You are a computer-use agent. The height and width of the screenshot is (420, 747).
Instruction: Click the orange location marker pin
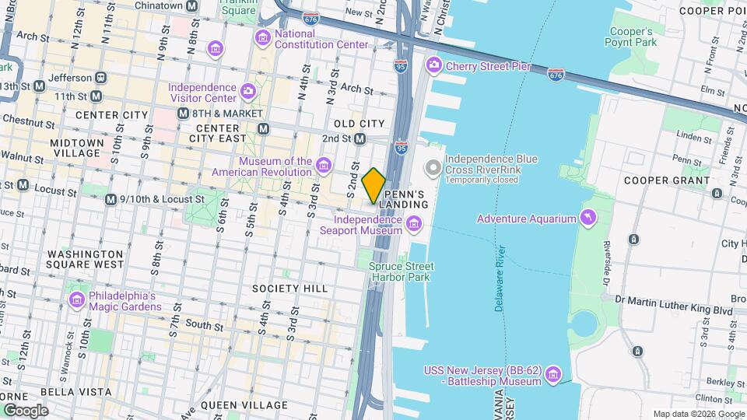(374, 185)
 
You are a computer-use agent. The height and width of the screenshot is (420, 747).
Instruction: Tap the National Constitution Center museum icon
(263, 37)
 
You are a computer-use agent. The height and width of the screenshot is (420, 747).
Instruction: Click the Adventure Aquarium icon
(588, 219)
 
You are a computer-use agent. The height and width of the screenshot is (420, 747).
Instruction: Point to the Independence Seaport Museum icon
(414, 226)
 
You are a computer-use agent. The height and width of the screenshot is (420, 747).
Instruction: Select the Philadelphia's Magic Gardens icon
(76, 300)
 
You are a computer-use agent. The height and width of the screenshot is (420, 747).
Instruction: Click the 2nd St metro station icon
(360, 138)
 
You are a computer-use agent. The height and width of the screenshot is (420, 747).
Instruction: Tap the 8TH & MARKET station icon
(184, 114)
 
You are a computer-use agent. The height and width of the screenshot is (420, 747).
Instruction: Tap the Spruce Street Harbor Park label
(401, 271)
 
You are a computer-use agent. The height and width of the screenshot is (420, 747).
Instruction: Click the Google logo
(25, 410)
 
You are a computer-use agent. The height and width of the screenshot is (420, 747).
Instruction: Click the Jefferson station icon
(101, 78)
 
